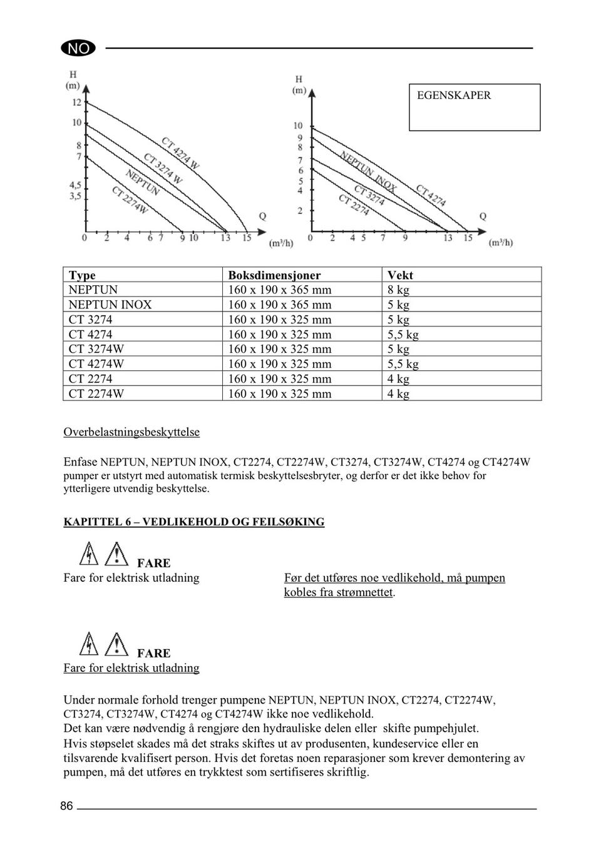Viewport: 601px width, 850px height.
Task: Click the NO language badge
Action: tap(78, 48)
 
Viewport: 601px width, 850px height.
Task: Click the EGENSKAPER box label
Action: tap(454, 96)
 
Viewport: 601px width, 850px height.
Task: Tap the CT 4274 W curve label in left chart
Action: tap(180, 153)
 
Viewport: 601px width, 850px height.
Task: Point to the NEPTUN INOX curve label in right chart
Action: tap(368, 171)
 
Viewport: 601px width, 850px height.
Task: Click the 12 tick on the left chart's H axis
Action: tap(76, 102)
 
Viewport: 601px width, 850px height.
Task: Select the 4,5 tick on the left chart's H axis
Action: tap(75, 185)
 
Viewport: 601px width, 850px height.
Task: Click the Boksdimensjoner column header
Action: tap(274, 275)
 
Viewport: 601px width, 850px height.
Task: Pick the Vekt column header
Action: tap(400, 275)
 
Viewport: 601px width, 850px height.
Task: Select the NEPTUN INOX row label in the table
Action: tap(110, 305)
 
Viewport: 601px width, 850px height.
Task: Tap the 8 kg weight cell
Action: tap(398, 290)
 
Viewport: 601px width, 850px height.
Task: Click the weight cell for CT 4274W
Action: tap(403, 364)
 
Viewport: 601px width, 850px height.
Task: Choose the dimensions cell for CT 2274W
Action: tap(279, 393)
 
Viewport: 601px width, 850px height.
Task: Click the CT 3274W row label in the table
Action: tap(96, 349)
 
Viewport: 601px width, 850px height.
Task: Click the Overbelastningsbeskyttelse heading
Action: tap(131, 432)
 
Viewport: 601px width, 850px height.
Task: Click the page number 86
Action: tap(66, 806)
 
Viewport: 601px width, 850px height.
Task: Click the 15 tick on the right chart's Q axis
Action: tap(468, 238)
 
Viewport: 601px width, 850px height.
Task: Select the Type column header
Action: tap(82, 275)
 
